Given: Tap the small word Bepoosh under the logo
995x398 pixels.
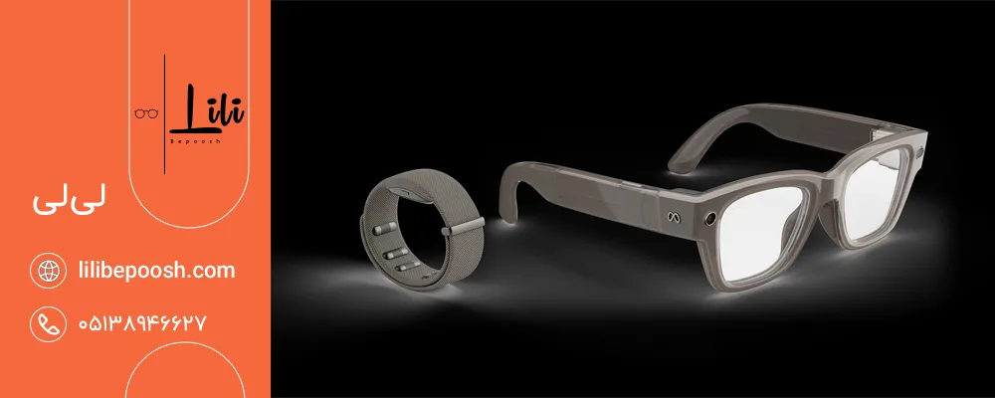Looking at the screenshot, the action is coord(195,141).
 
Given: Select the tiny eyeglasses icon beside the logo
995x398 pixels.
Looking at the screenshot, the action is coord(146,113).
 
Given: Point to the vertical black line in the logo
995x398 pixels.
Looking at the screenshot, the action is coord(164,114).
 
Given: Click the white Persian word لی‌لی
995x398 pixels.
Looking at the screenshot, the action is coord(71,201).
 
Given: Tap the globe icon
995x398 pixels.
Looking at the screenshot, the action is coord(48,271).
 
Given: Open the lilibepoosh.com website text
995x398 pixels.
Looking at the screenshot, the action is coord(156,271).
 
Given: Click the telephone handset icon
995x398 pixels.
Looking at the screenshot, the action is coord(48,323).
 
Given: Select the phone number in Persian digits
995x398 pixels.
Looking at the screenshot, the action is coord(142,323).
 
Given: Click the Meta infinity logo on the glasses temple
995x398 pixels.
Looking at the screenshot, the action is coord(674,217).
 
